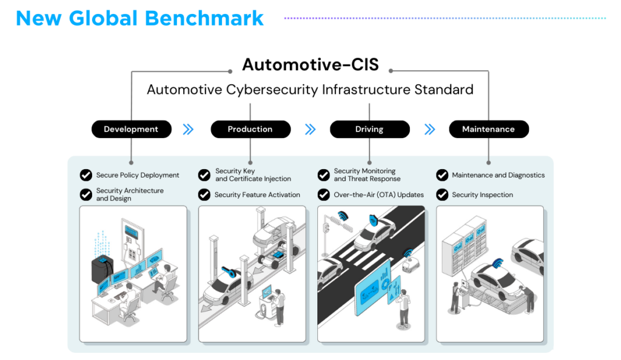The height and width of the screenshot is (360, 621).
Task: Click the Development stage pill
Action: [131, 129]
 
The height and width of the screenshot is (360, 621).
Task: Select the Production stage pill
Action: [250, 129]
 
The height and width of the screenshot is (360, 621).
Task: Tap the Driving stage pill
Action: [369, 129]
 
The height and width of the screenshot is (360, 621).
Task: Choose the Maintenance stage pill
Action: [488, 129]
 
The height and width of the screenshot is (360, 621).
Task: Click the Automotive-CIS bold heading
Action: [310, 64]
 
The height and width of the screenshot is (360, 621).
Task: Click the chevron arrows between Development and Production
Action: [188, 129]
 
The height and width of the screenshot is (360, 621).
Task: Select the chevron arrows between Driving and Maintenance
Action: [429, 129]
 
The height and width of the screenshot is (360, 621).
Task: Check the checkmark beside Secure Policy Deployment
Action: [86, 175]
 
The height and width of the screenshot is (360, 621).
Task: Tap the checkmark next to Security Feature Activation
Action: [204, 195]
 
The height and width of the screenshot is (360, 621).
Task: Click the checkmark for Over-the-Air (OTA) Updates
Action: [324, 195]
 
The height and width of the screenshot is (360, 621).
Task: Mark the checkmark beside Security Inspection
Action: [442, 195]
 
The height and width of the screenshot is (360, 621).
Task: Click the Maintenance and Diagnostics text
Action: [498, 175]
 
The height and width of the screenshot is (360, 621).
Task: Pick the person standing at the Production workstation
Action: [280, 306]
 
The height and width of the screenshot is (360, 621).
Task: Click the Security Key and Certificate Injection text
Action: [253, 175]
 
